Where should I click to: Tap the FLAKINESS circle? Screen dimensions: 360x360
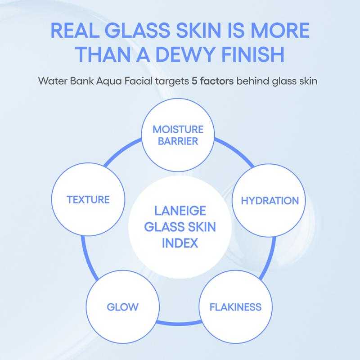tap(235, 307)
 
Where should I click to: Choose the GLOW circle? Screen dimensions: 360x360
tap(122, 307)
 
